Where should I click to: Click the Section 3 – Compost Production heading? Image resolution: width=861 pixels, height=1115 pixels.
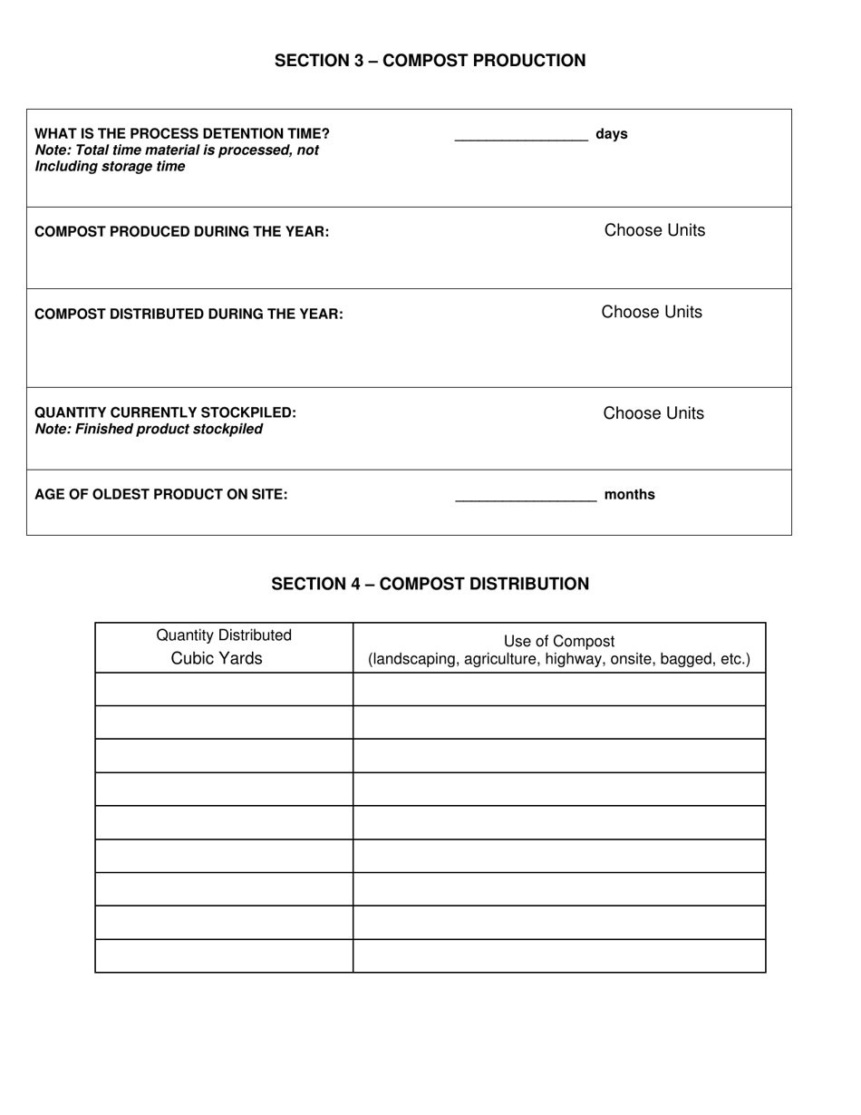point(430,61)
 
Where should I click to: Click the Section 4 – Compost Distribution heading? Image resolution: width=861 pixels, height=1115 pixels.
point(430,584)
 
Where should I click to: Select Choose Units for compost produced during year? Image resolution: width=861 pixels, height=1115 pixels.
point(654,230)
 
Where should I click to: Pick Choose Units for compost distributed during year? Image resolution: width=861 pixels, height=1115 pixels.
point(652,312)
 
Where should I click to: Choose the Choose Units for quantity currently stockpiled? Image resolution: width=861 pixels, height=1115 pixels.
point(653,413)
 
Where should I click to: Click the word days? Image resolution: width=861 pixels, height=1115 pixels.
point(612,134)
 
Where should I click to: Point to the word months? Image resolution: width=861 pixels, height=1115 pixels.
point(629,495)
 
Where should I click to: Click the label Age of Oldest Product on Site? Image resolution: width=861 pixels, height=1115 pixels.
point(161,495)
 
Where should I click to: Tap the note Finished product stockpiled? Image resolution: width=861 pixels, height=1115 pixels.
point(149,429)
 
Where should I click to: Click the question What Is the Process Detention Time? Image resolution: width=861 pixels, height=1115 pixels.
point(182,134)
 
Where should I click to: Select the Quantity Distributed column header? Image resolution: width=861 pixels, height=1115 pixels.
point(224,635)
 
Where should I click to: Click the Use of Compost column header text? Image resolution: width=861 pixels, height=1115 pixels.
point(559,642)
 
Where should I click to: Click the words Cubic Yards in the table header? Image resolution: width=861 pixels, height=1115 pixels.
point(217,659)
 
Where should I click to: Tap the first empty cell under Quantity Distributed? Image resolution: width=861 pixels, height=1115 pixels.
point(224,689)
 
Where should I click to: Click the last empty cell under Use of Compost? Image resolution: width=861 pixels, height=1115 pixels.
point(559,956)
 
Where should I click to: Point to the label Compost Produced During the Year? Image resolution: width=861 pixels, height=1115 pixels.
point(181,232)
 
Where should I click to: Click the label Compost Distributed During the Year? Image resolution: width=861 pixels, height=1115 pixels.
point(189,315)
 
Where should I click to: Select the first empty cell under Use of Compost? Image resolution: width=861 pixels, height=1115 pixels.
point(559,689)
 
